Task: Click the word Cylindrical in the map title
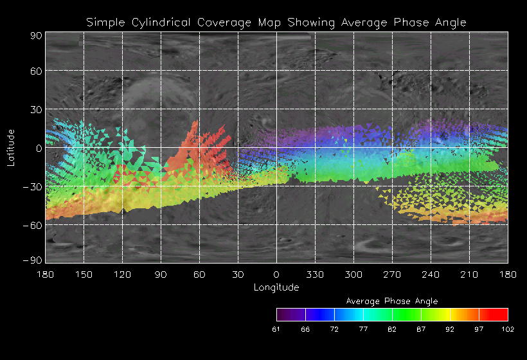[154, 22]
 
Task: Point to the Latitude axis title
[11, 147]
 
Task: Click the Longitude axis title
[276, 287]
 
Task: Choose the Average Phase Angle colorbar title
[392, 301]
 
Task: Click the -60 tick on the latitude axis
[34, 225]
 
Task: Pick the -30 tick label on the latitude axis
[34, 186]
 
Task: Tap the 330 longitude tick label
[315, 274]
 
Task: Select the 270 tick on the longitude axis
[392, 274]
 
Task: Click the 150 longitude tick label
[84, 274]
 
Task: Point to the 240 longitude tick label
[431, 274]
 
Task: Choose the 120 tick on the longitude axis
[122, 274]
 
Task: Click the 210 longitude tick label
[469, 274]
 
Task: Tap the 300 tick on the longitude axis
[353, 274]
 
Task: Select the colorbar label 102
[508, 329]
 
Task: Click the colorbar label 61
[277, 329]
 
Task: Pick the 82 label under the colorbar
[393, 329]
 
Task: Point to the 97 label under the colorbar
[479, 329]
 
